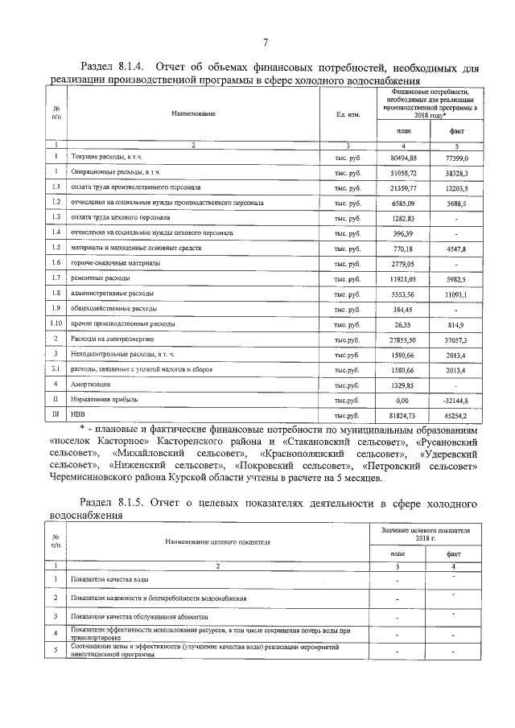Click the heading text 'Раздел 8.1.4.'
[112, 67]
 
